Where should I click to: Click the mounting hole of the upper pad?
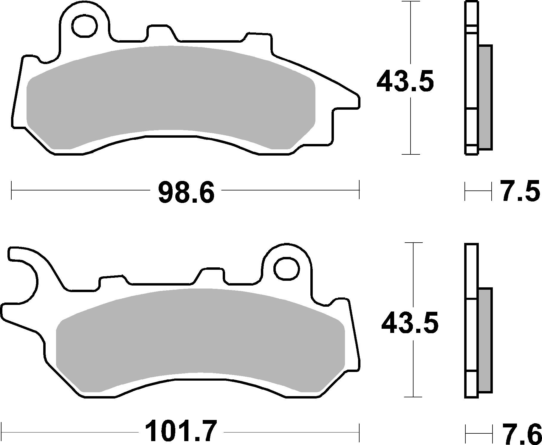tap(86, 26)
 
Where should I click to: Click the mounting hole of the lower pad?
tap(287, 269)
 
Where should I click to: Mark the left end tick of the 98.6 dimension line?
tap(11, 190)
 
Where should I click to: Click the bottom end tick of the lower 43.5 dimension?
tap(413, 397)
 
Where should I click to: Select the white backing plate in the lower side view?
tap(471, 328)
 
